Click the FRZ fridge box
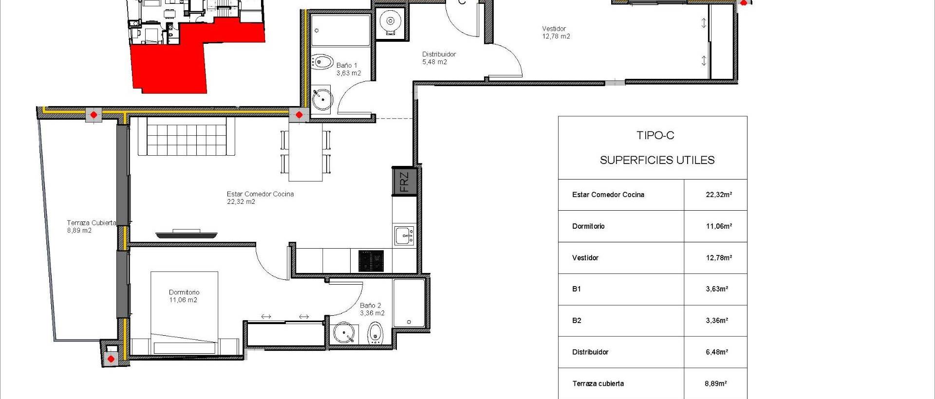(404, 181)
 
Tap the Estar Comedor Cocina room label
(260, 198)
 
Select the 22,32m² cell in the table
(719, 195)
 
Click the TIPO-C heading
(655, 135)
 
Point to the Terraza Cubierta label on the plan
(91, 226)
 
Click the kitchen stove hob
(371, 261)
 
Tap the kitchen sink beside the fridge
(404, 236)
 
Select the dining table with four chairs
(305, 152)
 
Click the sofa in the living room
(186, 137)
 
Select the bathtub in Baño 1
(340, 30)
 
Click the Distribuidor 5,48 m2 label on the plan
(439, 58)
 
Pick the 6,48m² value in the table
(717, 352)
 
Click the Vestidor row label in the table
(585, 258)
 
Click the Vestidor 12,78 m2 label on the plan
(556, 33)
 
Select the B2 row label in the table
(577, 321)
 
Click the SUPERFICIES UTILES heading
(657, 160)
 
